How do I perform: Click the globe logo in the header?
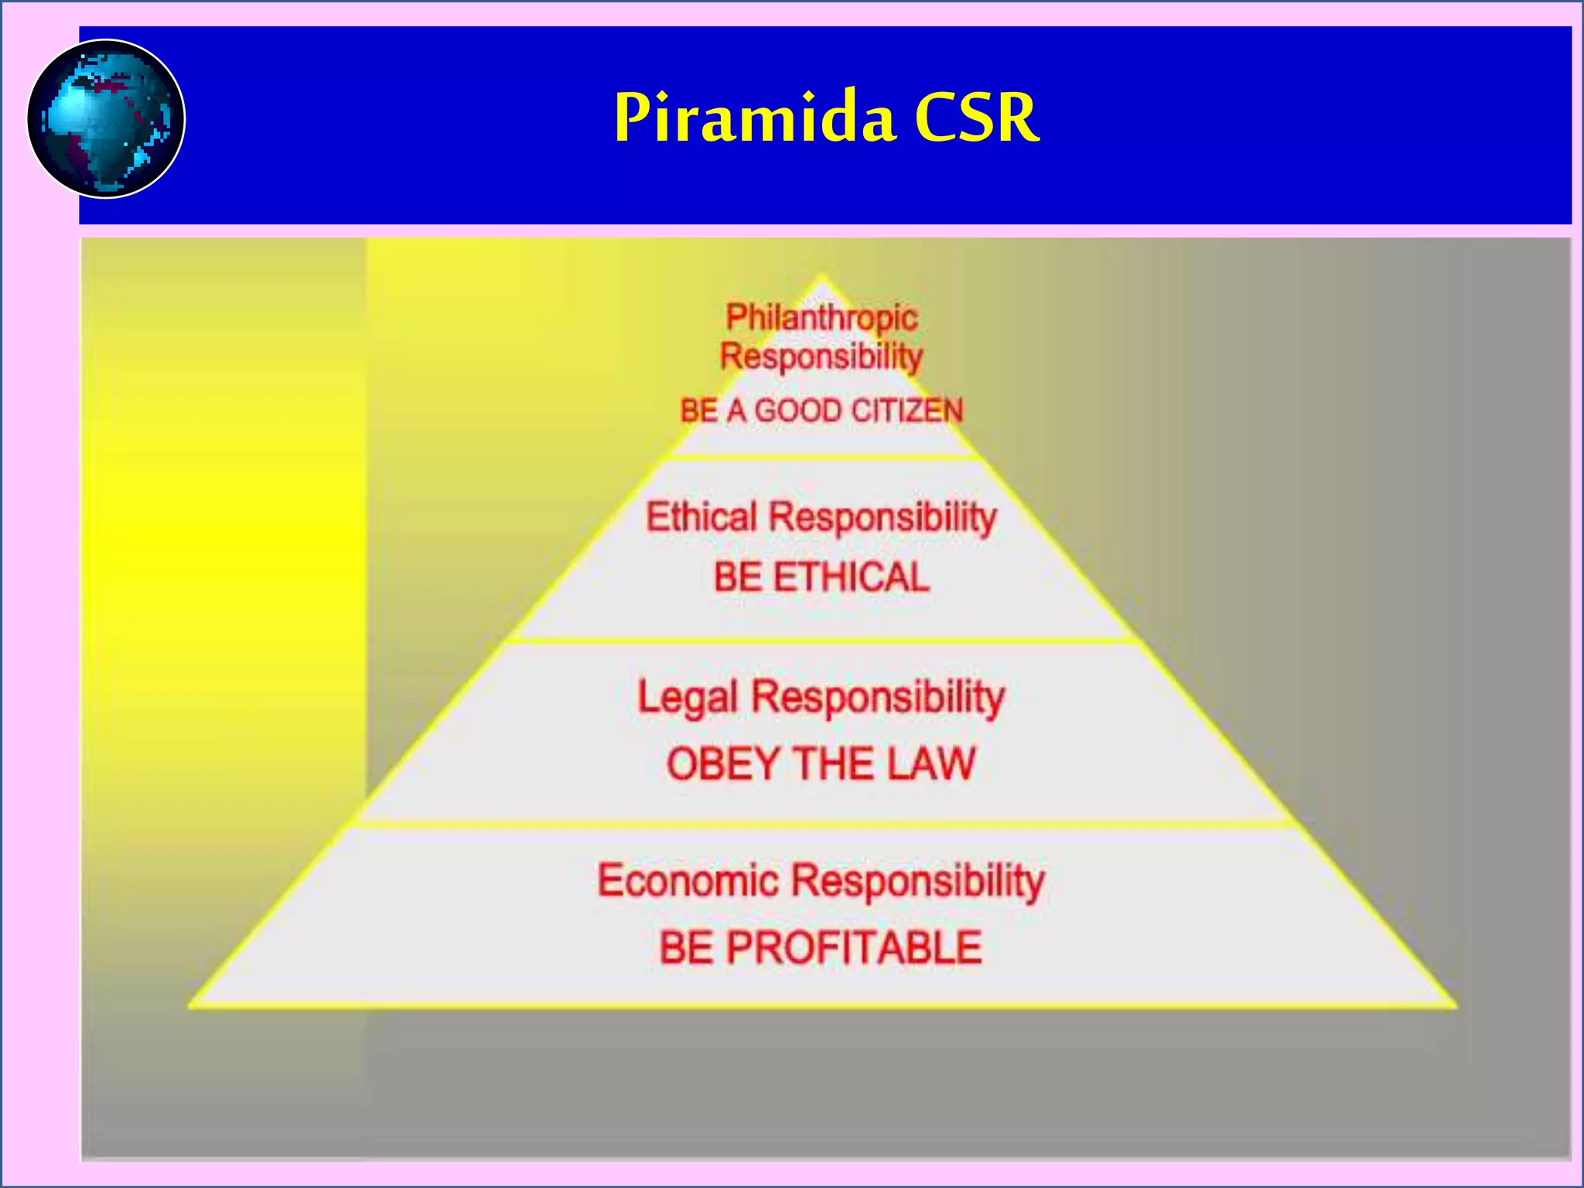click(106, 118)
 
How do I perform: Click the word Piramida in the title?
click(754, 118)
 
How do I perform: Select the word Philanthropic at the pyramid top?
click(821, 318)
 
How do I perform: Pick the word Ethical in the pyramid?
click(702, 517)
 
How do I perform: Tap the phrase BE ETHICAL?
click(821, 578)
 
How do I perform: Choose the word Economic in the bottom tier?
click(688, 881)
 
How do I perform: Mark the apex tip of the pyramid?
click(821, 276)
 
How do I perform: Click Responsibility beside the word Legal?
click(878, 698)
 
